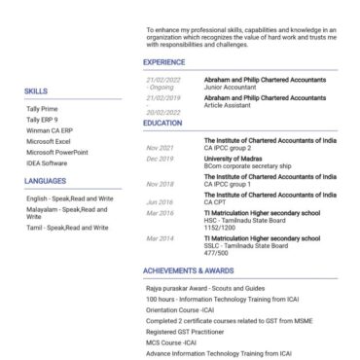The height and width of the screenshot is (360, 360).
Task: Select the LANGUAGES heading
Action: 46,181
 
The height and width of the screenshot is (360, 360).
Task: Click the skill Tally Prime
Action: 43,109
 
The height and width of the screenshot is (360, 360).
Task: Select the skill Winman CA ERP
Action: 51,130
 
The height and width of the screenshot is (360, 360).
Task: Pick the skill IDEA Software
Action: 50,162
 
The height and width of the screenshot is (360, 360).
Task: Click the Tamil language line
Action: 67,227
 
